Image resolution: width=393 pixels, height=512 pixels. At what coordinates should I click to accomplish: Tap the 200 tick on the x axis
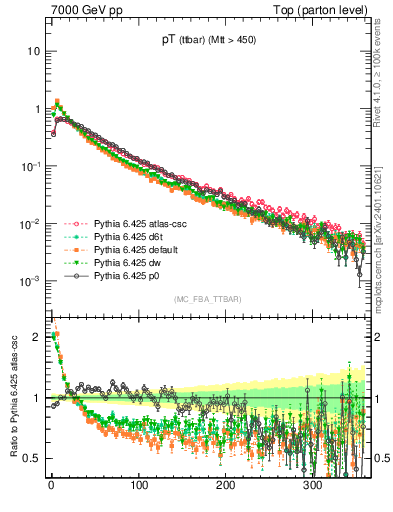coord(226,485)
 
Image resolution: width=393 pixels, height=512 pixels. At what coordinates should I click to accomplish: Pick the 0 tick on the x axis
coord(51,485)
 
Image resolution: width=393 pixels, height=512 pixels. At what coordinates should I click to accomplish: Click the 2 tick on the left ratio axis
coord(37,337)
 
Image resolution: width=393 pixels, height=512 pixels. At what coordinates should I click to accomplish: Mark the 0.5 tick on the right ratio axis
coord(379,458)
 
